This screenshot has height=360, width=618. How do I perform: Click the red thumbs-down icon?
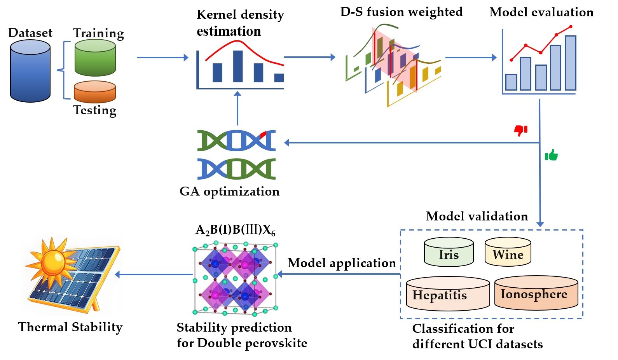click(520, 130)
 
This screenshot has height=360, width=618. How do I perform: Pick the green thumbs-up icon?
click(551, 156)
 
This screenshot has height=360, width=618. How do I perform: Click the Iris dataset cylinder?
click(449, 252)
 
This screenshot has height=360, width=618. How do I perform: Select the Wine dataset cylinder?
click(508, 252)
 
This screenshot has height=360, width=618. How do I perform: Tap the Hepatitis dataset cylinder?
click(447, 294)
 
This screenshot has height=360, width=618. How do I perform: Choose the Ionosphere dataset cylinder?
click(536, 294)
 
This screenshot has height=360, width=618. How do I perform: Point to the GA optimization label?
click(229, 191)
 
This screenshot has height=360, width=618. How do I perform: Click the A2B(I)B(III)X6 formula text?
click(235, 230)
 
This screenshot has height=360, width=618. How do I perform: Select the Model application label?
click(341, 263)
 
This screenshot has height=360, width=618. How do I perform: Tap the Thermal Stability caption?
click(70, 327)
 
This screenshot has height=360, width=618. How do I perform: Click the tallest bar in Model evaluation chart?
click(570, 63)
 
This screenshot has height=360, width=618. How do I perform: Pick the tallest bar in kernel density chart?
click(238, 66)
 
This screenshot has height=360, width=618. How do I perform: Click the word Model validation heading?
click(477, 216)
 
